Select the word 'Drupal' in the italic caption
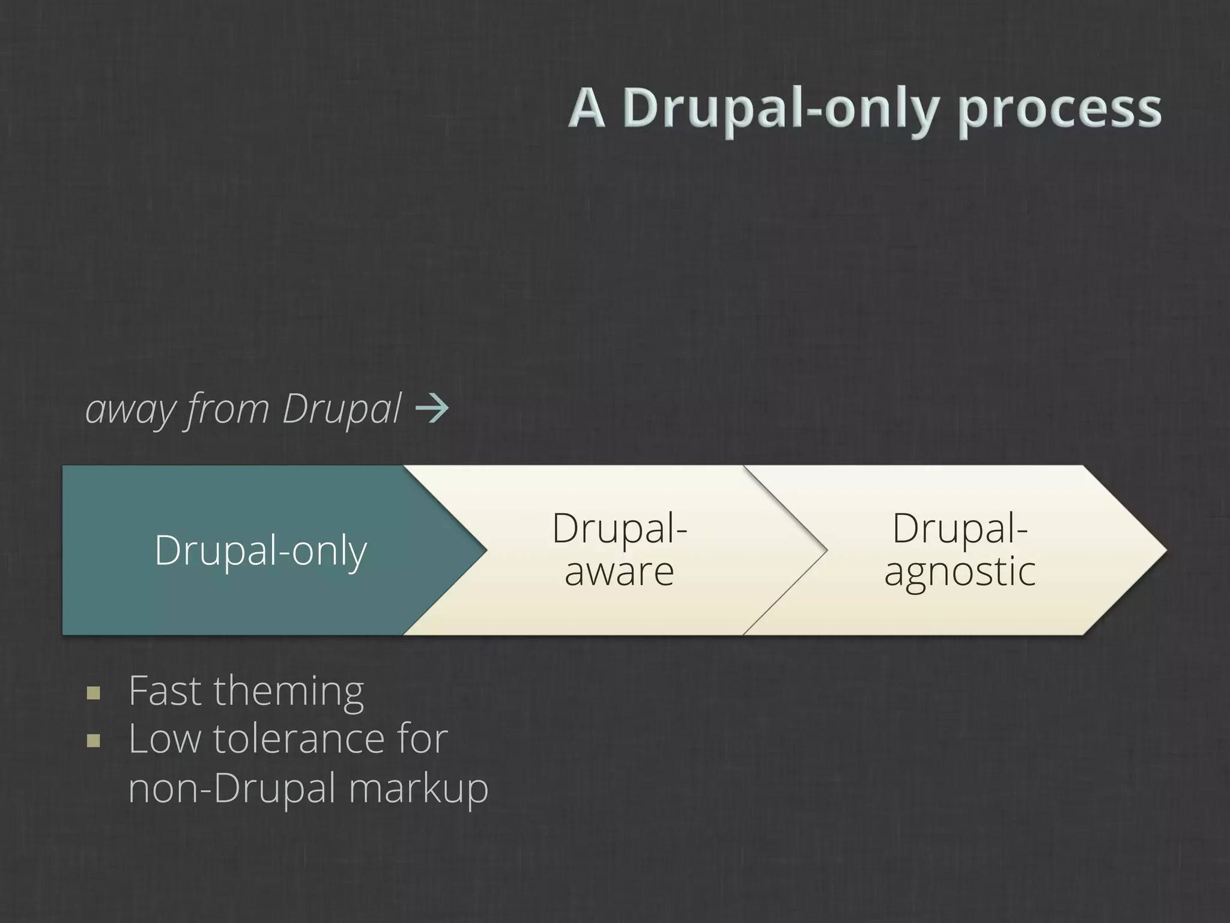(341, 410)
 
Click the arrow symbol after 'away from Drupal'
(432, 409)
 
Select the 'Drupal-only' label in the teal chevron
(261, 550)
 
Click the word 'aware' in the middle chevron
(619, 571)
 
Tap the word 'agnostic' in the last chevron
(960, 571)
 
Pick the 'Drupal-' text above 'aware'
(619, 528)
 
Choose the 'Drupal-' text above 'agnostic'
(960, 528)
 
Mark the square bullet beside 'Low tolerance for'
(93, 741)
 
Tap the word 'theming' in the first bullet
(288, 692)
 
